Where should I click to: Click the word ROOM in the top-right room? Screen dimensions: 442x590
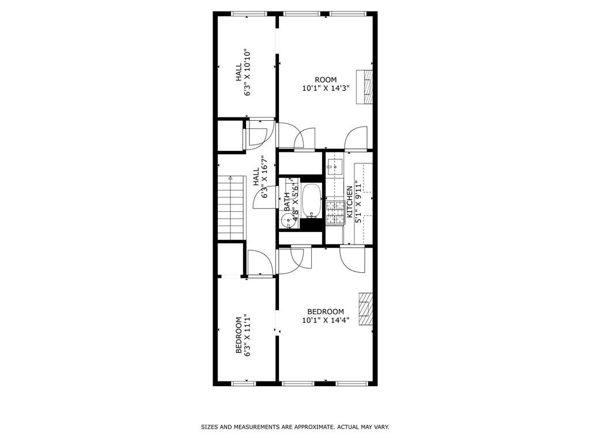[x=326, y=80]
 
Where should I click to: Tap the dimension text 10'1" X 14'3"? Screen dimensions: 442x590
[x=326, y=89]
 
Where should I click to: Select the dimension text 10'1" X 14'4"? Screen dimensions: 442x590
[x=326, y=320]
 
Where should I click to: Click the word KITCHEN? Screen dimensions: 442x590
[x=349, y=202]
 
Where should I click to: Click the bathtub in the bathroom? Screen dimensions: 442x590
[x=312, y=201]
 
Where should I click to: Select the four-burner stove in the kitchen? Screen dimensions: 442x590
[x=335, y=212]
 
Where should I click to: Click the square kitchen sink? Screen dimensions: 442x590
[x=334, y=167]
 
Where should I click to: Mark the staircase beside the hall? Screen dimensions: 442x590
[x=231, y=207]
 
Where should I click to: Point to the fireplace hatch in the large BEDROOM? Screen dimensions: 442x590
[x=365, y=310]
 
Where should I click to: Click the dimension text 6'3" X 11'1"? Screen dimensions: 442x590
[x=248, y=335]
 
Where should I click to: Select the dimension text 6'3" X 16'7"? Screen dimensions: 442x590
[x=265, y=177]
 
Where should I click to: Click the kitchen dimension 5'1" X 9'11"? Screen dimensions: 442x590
[x=358, y=202]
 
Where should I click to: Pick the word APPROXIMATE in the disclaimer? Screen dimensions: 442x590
[x=314, y=427]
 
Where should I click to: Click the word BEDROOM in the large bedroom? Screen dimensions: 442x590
[x=326, y=312]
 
